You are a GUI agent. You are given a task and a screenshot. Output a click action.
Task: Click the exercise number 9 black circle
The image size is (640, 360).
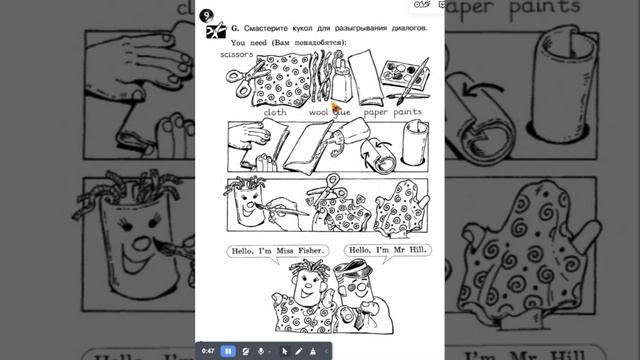[x=206, y=17]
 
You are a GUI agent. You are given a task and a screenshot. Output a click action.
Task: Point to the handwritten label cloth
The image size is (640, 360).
[x=275, y=113]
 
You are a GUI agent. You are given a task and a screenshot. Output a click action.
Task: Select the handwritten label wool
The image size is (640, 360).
[x=317, y=113]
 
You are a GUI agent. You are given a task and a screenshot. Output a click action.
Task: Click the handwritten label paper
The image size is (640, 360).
[x=376, y=113]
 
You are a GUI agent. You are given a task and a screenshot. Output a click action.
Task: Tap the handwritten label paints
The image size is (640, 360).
[x=406, y=113]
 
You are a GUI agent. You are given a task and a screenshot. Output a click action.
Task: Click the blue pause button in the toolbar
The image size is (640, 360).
[x=230, y=351]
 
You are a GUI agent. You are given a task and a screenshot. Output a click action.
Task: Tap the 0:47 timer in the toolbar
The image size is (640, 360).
[x=208, y=351]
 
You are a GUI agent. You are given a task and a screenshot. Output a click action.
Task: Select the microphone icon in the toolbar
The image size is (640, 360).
[x=262, y=351]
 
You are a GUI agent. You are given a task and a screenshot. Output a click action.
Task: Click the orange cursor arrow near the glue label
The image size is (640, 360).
[x=335, y=105]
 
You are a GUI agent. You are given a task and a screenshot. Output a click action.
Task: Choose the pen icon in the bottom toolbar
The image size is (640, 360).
[x=298, y=351]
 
